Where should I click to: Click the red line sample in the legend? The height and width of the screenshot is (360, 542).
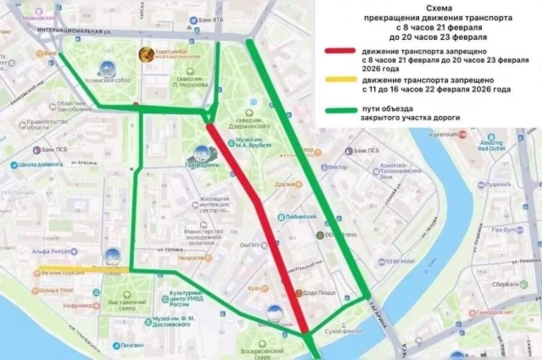pos(340,51)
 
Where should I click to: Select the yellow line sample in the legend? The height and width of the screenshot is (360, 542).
pos(340,80)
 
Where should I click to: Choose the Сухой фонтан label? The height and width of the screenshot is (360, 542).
pos(344,331)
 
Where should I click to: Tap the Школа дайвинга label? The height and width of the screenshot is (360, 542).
pos(40,165)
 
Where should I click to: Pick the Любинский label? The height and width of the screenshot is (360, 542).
pos(300,217)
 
